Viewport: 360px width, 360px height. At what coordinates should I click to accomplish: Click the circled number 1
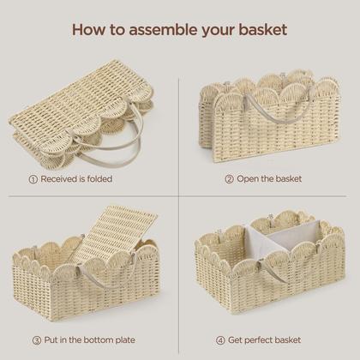(33, 179)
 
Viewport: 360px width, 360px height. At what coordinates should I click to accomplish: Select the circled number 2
(229, 179)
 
